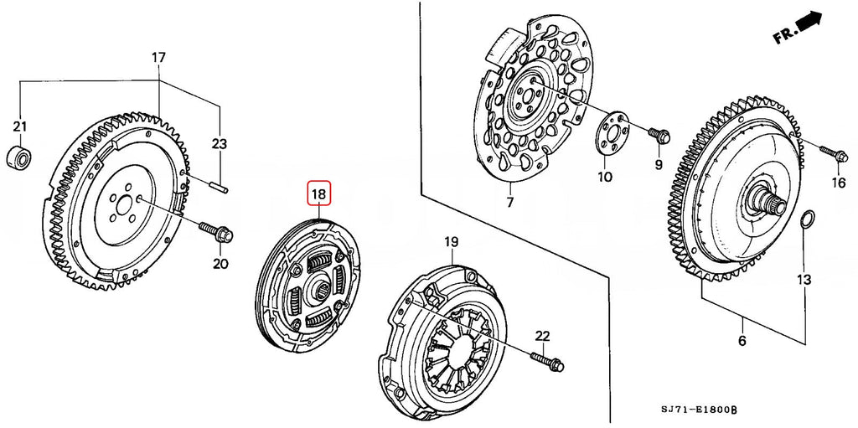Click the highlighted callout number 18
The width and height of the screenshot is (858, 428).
point(319,193)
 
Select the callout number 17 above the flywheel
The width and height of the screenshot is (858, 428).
point(158,58)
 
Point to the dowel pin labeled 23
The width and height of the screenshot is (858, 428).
point(219,184)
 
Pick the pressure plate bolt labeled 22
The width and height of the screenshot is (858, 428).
point(546,361)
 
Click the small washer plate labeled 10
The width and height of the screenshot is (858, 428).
point(610,135)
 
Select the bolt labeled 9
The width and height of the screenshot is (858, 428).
point(659,135)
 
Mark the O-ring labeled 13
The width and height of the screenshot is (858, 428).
point(807,220)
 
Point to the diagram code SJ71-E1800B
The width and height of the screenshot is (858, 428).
point(698,410)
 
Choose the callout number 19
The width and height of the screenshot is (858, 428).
point(451,241)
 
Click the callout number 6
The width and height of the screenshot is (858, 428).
point(742,341)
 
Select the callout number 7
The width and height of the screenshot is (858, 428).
point(509,202)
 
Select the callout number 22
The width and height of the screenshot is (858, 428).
point(542,336)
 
